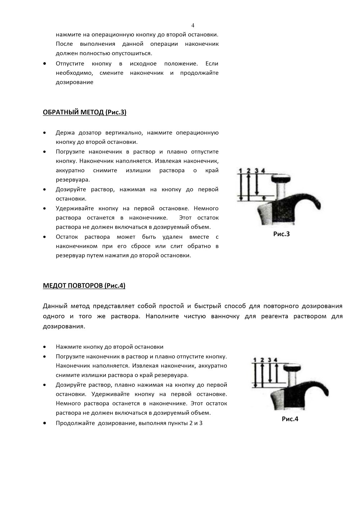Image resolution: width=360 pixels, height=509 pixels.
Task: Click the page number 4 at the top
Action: click(x=193, y=25)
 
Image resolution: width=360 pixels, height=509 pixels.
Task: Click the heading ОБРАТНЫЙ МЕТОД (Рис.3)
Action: click(x=84, y=112)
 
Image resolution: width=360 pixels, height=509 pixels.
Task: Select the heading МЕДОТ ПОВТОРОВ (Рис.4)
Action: click(x=84, y=286)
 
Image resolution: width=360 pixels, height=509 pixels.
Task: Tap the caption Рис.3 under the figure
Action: click(x=281, y=234)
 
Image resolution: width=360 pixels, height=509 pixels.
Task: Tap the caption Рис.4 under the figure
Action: click(x=290, y=419)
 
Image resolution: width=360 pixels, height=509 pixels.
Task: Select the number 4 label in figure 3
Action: click(x=263, y=170)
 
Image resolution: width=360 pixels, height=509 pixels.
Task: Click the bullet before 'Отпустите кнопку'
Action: click(x=44, y=64)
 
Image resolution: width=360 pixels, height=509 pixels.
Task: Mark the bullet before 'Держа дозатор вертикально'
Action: click(x=44, y=133)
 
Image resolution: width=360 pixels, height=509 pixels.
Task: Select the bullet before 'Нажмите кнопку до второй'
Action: click(x=44, y=347)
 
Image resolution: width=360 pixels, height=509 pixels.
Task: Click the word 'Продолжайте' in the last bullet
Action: click(x=75, y=423)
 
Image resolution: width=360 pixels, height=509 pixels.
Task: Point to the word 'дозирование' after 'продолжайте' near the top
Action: click(x=75, y=82)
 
